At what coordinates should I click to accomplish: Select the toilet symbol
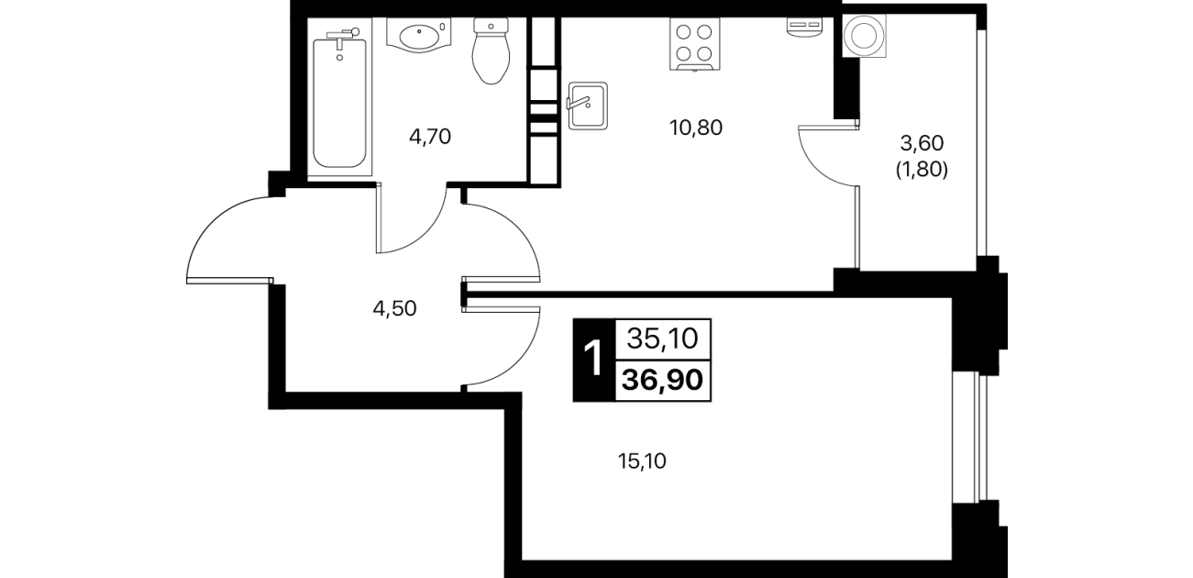tap(491, 51)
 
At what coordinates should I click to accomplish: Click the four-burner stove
tap(694, 44)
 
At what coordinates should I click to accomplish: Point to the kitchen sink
tap(588, 106)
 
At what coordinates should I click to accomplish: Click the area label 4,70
tap(430, 137)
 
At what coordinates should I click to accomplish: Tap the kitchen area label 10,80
tap(696, 128)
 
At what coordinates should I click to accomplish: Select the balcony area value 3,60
tap(922, 143)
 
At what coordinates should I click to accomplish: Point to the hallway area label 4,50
tap(394, 308)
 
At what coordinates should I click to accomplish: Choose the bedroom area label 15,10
tap(642, 461)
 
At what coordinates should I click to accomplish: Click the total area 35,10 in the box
tap(663, 339)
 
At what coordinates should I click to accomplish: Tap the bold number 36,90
tap(663, 381)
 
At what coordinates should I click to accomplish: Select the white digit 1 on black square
tap(593, 360)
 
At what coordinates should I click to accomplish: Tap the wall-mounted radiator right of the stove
tap(805, 28)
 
